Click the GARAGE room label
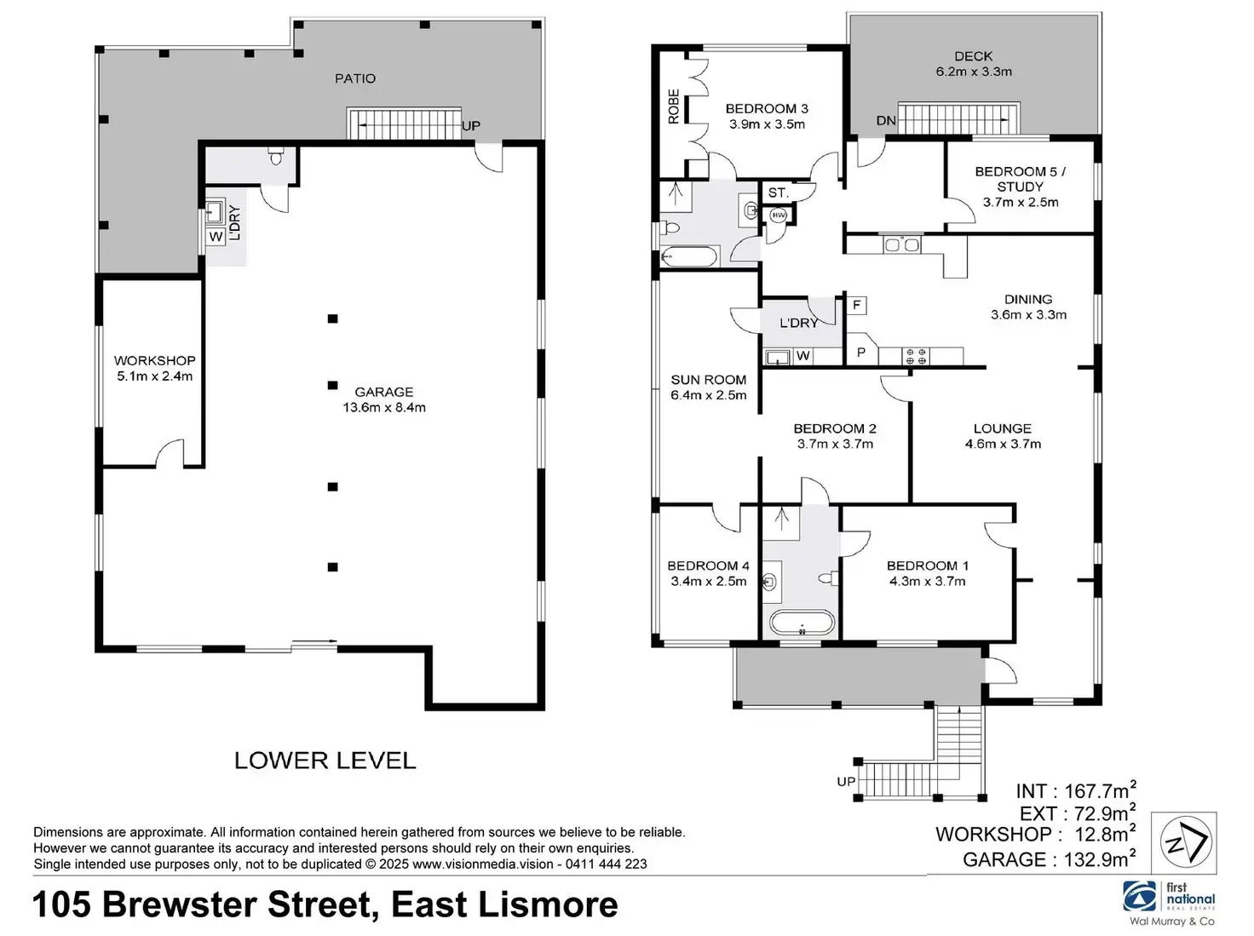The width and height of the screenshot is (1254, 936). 383,399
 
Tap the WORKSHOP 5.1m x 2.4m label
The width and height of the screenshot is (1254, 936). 154,368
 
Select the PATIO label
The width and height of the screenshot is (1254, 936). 354,78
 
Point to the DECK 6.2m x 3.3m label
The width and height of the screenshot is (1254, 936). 973,64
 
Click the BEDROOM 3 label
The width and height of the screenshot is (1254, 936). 766,116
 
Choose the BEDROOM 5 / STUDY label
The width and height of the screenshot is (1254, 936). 1020,187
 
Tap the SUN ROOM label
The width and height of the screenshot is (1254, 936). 708,388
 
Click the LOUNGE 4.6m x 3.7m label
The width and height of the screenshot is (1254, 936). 1002,436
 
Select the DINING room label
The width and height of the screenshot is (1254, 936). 1027,307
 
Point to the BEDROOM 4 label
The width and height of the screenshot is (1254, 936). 708,573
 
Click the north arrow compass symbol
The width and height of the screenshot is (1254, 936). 1183,843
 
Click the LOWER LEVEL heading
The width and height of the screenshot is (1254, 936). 325,761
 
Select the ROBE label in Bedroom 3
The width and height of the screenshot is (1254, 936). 674,107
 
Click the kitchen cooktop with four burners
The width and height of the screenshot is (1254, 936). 916,356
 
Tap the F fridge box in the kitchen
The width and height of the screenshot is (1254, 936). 856,305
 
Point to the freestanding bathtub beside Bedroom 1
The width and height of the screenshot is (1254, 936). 801,623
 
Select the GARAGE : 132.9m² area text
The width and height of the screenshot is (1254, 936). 1049,859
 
